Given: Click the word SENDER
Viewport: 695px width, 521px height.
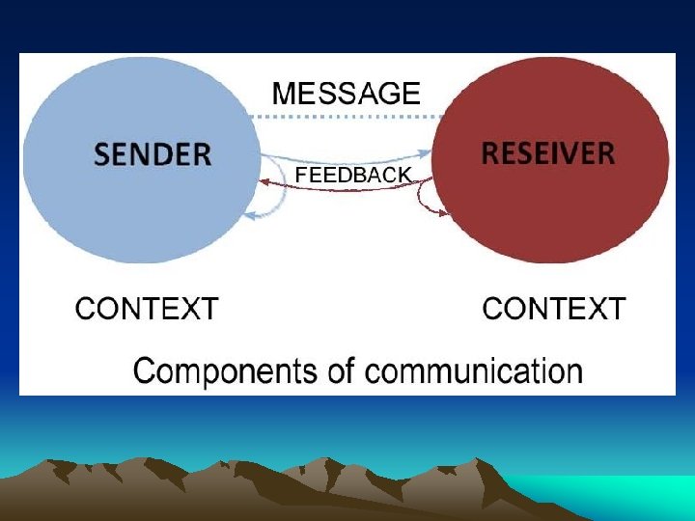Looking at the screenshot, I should point(153,153).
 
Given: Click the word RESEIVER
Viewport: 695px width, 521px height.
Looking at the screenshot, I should point(548,152).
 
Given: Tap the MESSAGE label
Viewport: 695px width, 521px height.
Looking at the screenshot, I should point(347,93).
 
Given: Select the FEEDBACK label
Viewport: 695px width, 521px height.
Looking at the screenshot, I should point(353,176).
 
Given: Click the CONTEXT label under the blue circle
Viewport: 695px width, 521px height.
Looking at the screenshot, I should point(147,309).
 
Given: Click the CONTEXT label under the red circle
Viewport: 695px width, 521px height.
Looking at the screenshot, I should point(554,309).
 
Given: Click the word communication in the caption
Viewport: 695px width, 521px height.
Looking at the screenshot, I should point(470,370).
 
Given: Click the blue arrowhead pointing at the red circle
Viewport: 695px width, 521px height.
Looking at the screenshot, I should point(424,152).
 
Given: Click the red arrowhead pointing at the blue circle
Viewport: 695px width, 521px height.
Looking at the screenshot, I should point(264,181).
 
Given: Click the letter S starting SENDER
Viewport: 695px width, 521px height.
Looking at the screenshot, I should point(103,153).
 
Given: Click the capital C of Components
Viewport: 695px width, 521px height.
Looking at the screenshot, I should point(143,370).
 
